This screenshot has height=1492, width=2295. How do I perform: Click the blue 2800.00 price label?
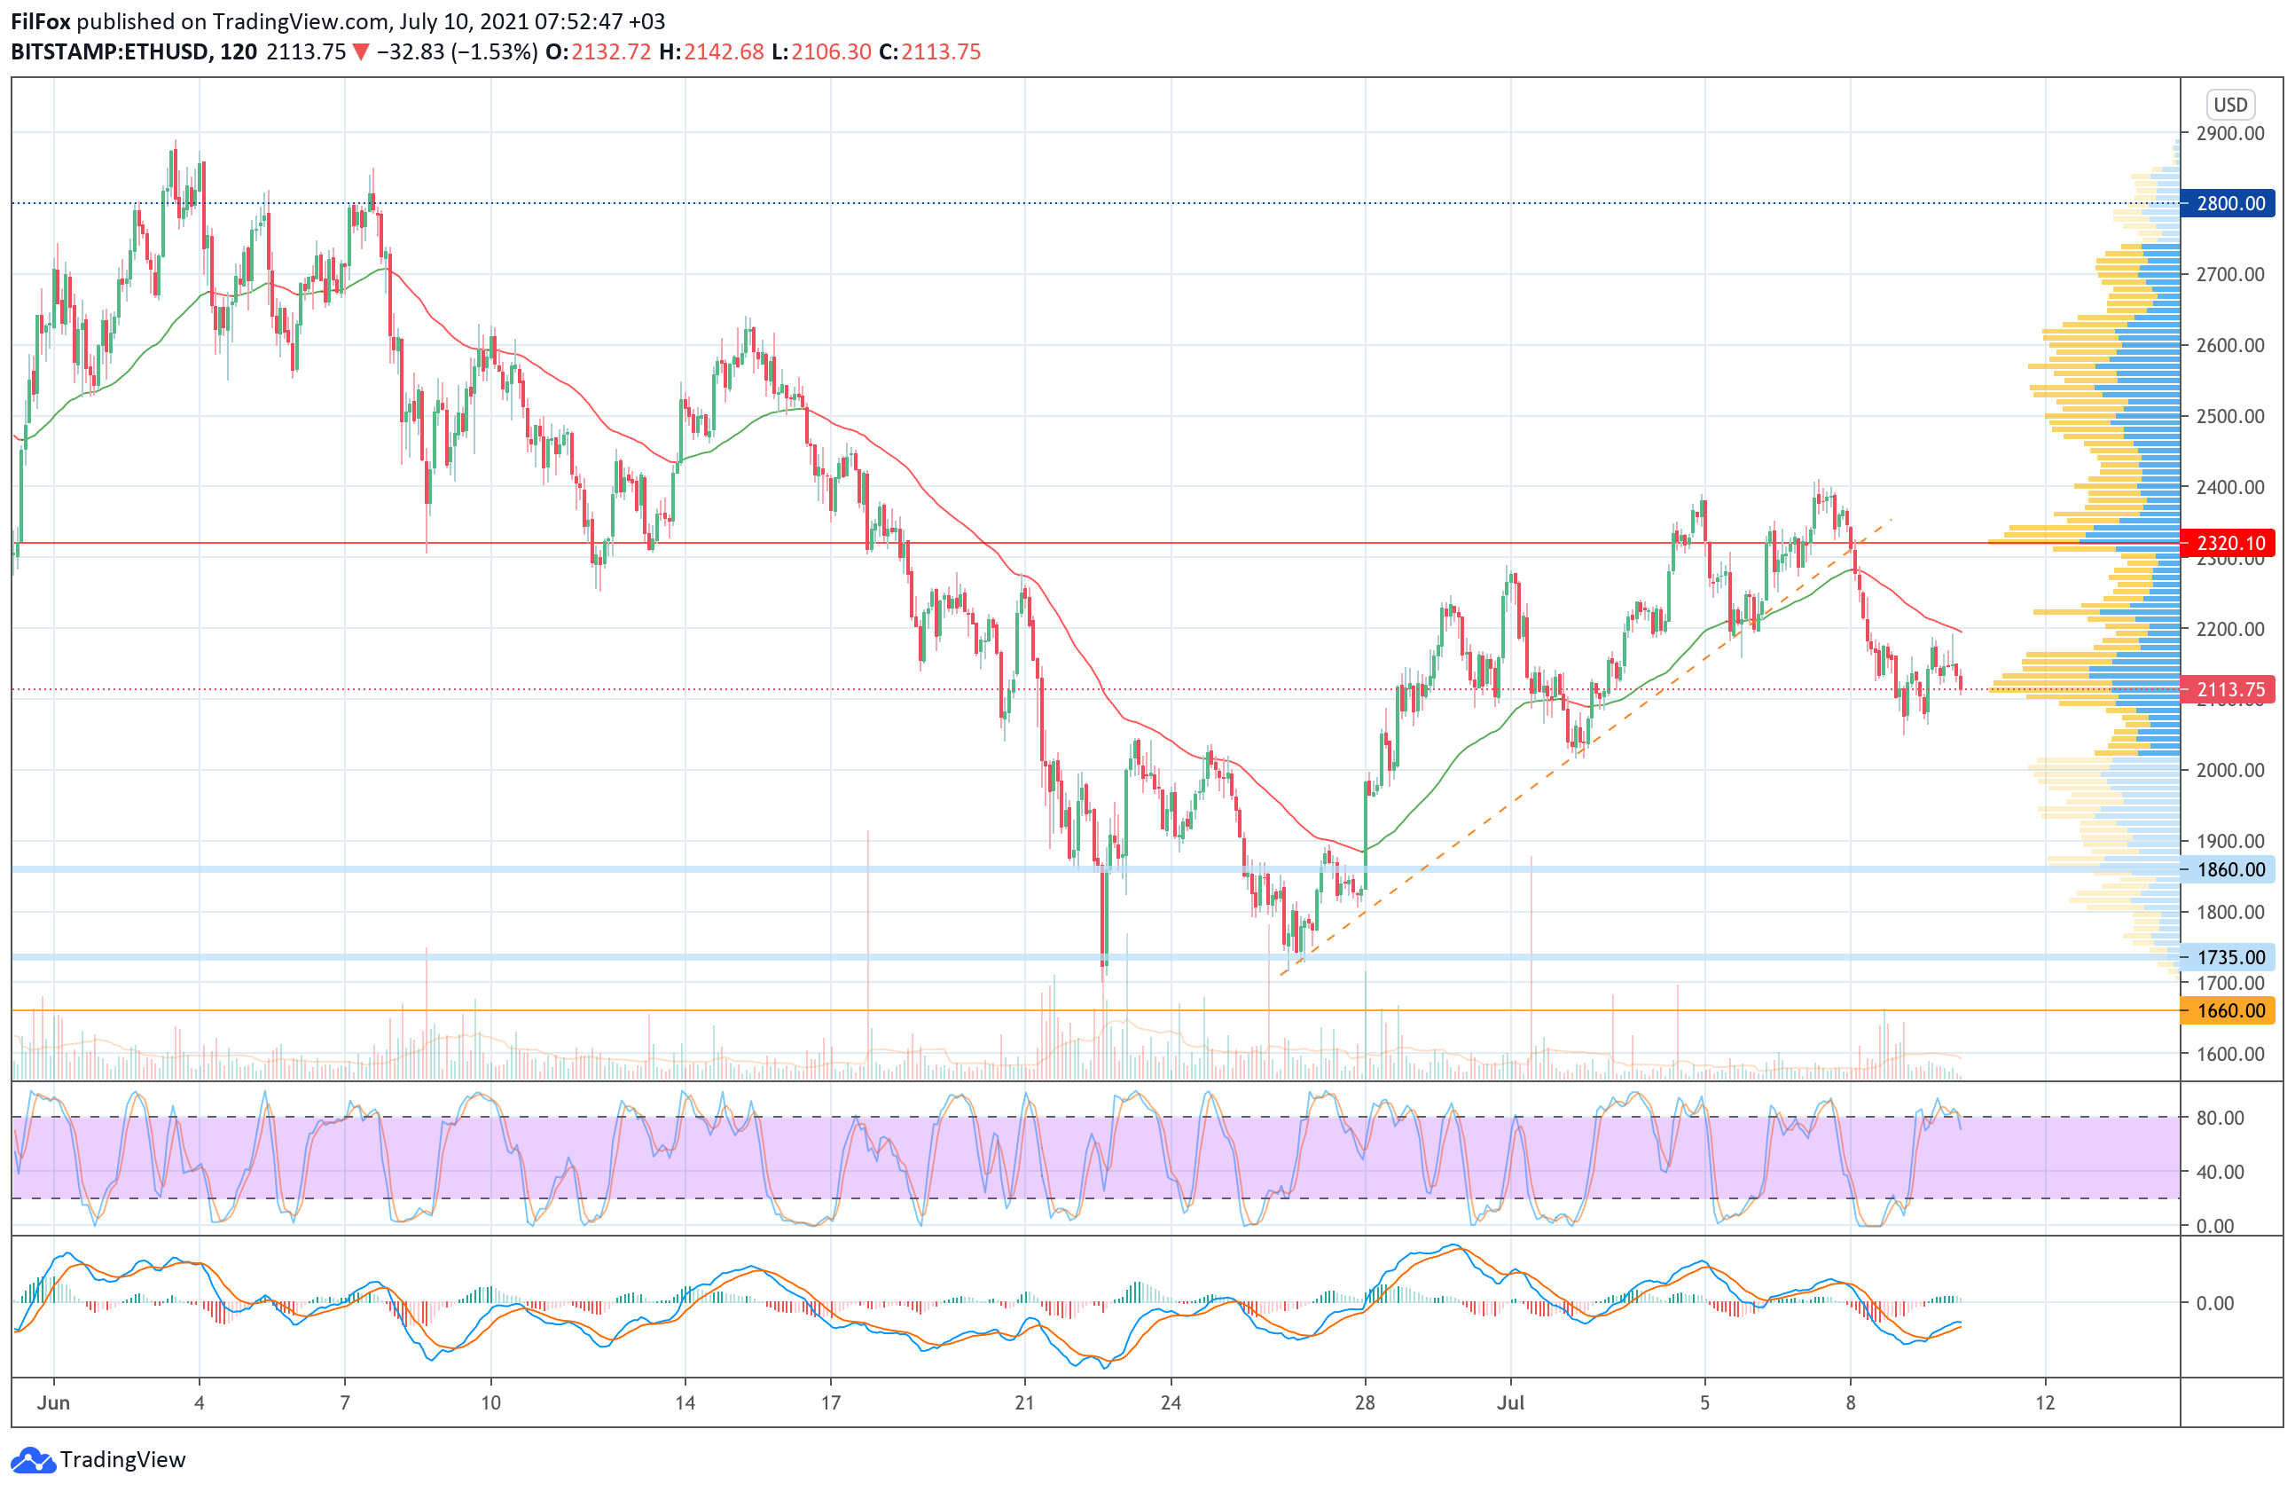pyautogui.click(x=2229, y=203)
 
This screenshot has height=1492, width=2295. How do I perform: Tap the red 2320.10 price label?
pyautogui.click(x=2229, y=543)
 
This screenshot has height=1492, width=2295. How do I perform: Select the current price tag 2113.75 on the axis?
pyautogui.click(x=2229, y=689)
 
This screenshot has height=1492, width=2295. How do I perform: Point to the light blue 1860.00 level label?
pyautogui.click(x=2229, y=870)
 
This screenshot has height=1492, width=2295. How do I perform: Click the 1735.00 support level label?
pyautogui.click(x=2229, y=958)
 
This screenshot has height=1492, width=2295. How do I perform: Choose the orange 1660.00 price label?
pyautogui.click(x=2229, y=1010)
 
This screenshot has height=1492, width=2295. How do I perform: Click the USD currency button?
pyautogui.click(x=2229, y=104)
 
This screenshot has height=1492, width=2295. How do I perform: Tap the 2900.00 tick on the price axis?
pyautogui.click(x=2229, y=133)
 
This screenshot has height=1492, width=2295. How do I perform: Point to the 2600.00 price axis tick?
pyautogui.click(x=2229, y=345)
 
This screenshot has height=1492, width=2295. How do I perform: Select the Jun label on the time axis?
pyautogui.click(x=53, y=1403)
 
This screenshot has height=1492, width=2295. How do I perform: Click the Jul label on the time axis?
pyautogui.click(x=1510, y=1403)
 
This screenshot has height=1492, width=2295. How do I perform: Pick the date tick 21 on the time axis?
pyautogui.click(x=1024, y=1403)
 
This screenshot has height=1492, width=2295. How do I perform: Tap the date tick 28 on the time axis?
pyautogui.click(x=1365, y=1403)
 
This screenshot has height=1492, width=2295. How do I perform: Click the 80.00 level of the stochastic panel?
pyautogui.click(x=2220, y=1118)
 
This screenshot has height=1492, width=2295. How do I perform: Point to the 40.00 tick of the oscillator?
pyautogui.click(x=2220, y=1172)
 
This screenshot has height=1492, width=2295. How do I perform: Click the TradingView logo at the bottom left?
pyautogui.click(x=98, y=1460)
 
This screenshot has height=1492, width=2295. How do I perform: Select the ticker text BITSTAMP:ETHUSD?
pyautogui.click(x=109, y=52)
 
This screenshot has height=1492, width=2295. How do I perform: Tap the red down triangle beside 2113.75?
pyautogui.click(x=361, y=52)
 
